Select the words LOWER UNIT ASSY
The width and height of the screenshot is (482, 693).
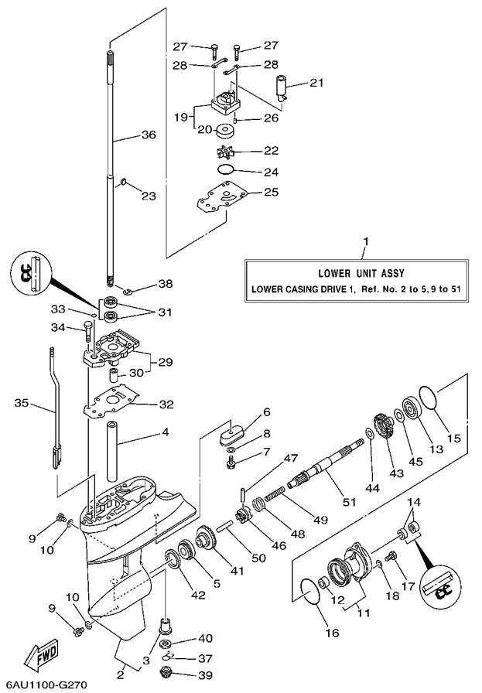click(361, 273)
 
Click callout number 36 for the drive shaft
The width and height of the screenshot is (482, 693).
click(148, 135)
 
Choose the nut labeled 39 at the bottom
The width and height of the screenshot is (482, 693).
click(166, 671)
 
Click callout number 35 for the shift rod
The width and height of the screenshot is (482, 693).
click(22, 402)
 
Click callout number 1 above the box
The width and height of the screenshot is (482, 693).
click(366, 241)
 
